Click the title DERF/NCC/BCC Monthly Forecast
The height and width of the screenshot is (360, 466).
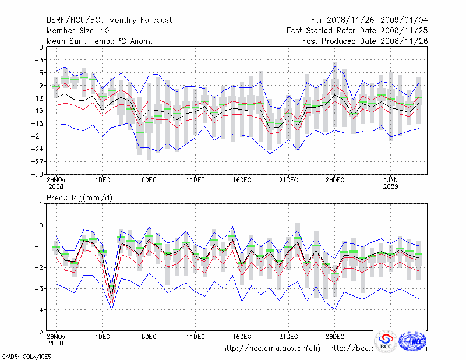(109, 20)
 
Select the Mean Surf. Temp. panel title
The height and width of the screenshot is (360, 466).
(100, 41)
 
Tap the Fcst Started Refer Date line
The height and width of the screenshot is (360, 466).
(357, 30)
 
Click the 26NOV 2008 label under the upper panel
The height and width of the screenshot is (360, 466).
(56, 182)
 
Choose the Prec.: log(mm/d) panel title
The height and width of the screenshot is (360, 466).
(79, 198)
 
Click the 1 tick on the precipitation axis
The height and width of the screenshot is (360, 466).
(41, 204)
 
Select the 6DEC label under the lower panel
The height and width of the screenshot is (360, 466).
(149, 336)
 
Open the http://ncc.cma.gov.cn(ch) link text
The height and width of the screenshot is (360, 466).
(271, 348)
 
